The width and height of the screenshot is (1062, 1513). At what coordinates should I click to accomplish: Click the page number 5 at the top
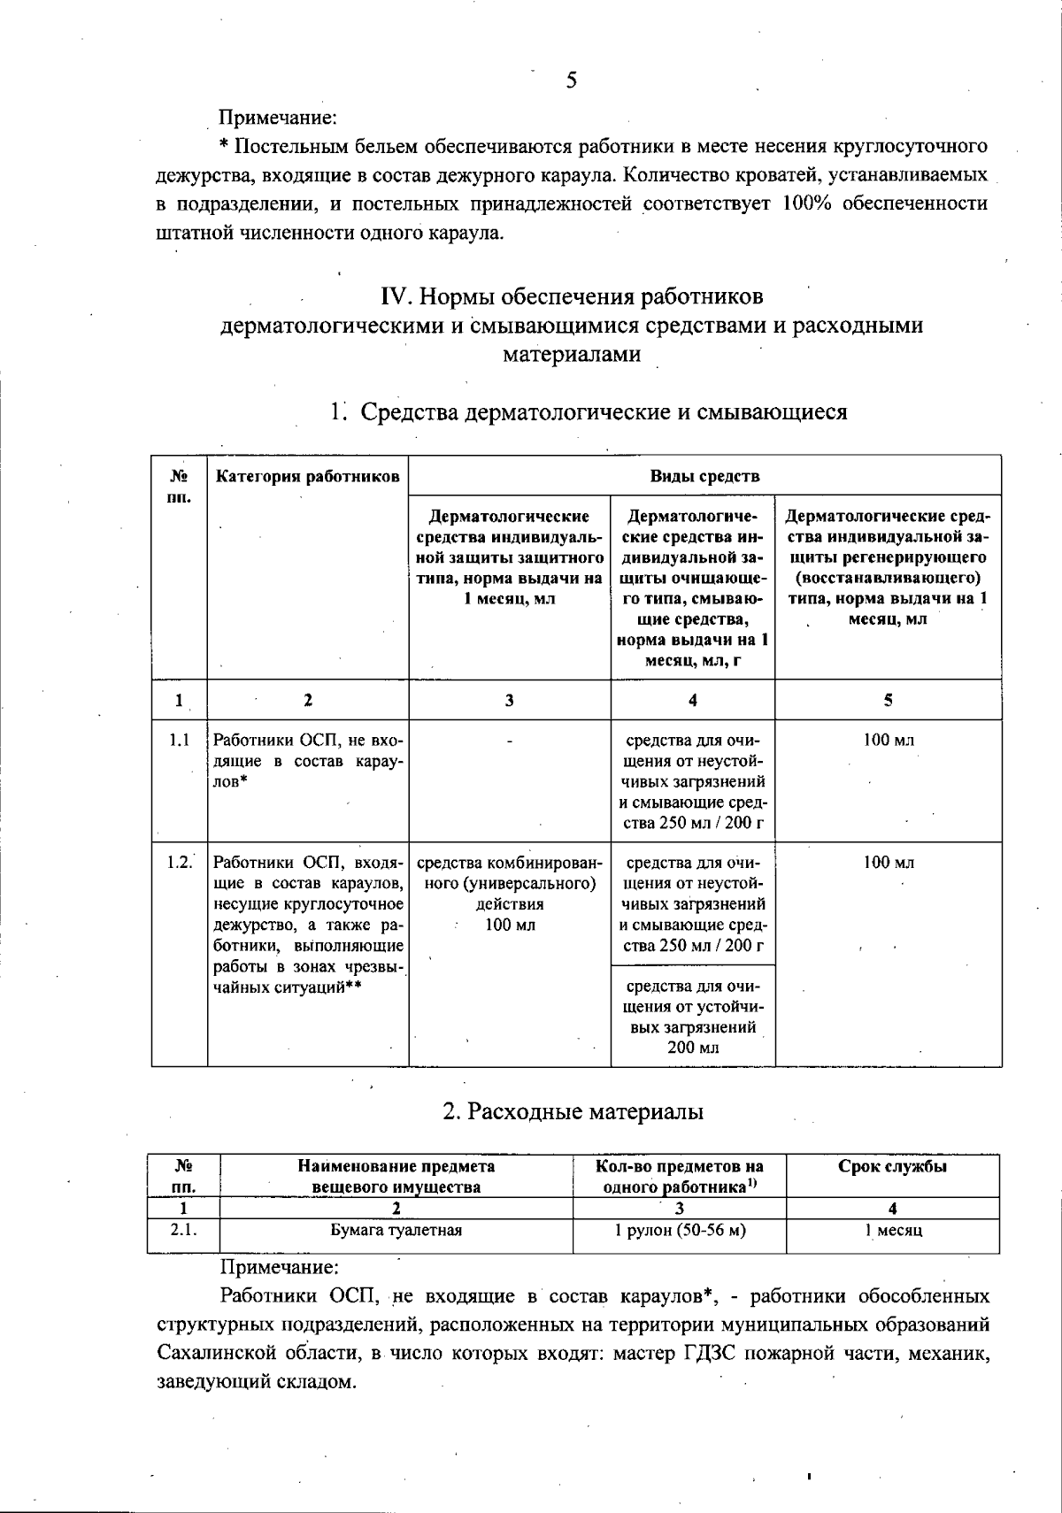pos(572,81)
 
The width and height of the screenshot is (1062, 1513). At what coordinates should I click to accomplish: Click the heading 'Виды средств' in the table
pos(704,476)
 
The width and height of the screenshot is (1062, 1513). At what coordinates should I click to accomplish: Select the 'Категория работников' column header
pos(307,477)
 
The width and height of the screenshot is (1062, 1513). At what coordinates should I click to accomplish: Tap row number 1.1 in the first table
pos(180,741)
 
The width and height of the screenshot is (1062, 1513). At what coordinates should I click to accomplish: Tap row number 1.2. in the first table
pos(180,863)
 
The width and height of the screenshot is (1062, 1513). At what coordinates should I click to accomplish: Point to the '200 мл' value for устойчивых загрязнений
pos(692,1048)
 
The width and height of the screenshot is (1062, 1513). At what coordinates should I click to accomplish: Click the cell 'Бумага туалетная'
pos(396,1230)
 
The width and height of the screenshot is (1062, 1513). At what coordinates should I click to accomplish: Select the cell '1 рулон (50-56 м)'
pos(680,1230)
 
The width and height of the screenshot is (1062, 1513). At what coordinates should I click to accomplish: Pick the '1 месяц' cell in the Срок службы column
pos(893,1230)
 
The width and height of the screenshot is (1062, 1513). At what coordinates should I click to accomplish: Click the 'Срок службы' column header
pos(892,1166)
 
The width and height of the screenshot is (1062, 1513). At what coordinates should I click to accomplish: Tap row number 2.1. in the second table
pos(183,1230)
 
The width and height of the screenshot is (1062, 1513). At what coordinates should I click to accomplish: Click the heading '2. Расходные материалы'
pos(573,1111)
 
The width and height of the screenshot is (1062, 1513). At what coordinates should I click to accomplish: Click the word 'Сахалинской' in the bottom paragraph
pos(216,1354)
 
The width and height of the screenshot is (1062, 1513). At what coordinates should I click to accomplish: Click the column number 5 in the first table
pos(888,700)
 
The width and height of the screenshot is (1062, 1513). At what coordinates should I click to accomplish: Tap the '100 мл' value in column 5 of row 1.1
pos(889,741)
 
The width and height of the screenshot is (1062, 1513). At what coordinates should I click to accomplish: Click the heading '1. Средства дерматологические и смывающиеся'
pos(589,412)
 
